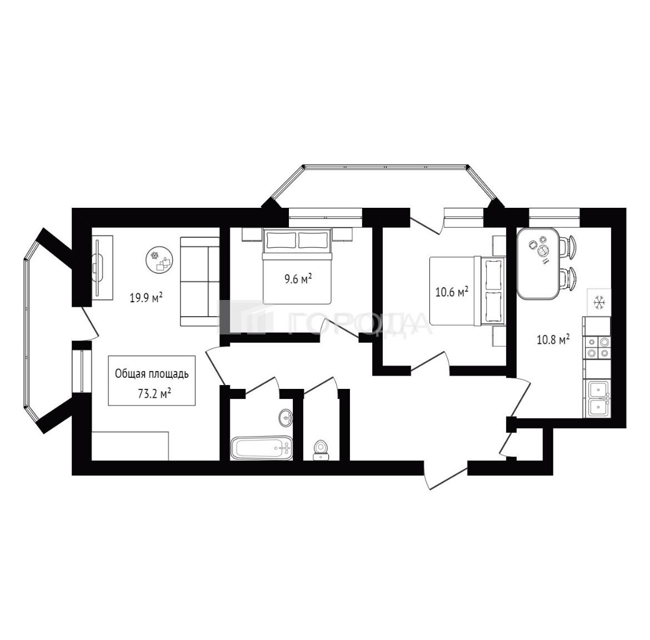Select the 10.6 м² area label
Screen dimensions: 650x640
[452, 292]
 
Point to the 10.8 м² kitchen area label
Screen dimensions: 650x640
[553, 340]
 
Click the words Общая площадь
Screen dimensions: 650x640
[152, 374]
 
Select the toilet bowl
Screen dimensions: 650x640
[320, 450]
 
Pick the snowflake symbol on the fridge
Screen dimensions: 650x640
[598, 302]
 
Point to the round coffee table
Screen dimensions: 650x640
[159, 261]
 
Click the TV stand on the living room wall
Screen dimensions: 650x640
[102, 267]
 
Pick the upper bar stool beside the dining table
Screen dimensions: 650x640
[568, 246]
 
